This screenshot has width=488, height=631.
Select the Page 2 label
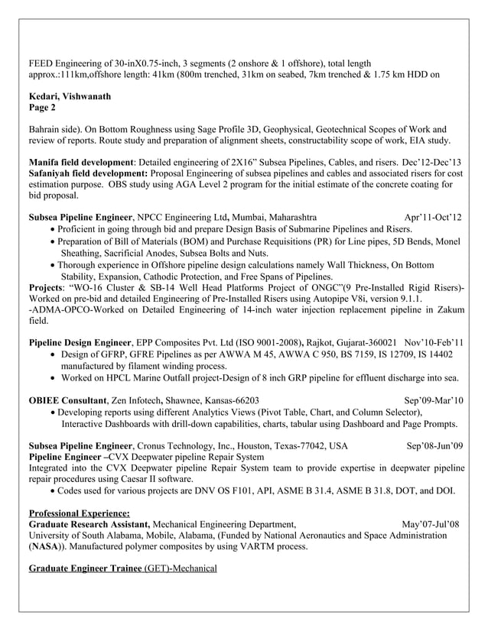tap(43, 108)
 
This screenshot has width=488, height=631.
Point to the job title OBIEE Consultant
tap(67, 400)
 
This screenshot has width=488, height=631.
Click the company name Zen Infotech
tap(135, 400)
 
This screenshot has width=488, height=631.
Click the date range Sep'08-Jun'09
tap(434, 445)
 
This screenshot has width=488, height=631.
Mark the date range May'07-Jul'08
tap(431, 525)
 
